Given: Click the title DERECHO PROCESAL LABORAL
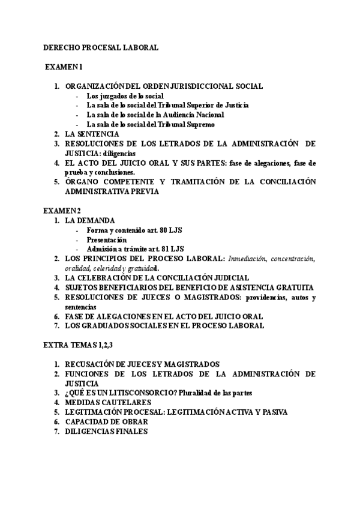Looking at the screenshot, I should [x=101, y=47].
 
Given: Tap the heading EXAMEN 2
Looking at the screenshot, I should [x=62, y=210].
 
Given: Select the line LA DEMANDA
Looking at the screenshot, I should [x=89, y=220].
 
